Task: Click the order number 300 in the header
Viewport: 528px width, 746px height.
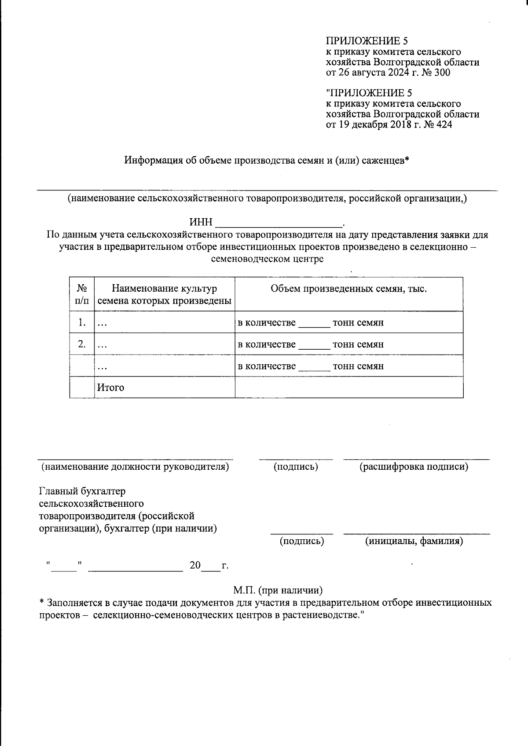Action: click(x=442, y=73)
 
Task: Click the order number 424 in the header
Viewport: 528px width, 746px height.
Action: click(x=443, y=124)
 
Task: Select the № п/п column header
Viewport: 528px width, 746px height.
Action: click(x=82, y=294)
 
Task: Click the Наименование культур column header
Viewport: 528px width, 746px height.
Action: click(x=165, y=294)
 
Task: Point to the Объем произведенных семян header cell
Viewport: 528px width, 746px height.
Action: click(x=348, y=289)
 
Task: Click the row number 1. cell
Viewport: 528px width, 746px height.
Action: click(x=82, y=322)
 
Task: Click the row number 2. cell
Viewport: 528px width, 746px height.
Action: click(x=82, y=344)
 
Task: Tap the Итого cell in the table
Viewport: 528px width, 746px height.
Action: click(x=111, y=388)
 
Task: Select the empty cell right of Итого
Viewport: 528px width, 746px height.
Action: click(x=348, y=388)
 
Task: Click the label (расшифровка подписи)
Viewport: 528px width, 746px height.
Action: click(x=414, y=467)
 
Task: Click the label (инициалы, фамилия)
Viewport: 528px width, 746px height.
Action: click(x=414, y=541)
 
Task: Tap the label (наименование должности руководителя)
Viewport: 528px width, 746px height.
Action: click(x=135, y=467)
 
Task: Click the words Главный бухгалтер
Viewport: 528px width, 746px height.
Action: click(x=82, y=491)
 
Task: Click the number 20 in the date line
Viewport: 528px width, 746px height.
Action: click(x=195, y=565)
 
